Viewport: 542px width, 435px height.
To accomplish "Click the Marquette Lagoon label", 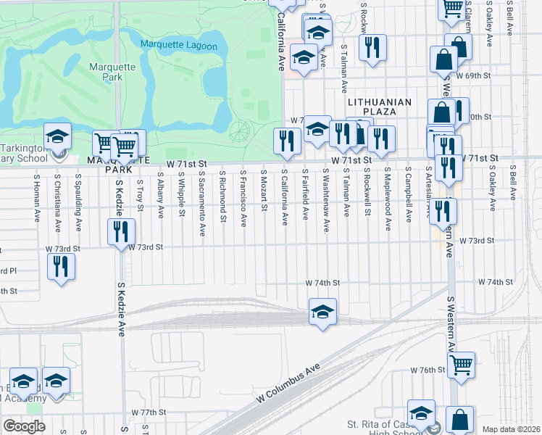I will [x=178, y=46].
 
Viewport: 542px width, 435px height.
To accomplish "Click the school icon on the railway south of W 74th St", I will [x=322, y=312].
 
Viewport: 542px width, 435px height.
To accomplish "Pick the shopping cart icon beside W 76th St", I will [x=460, y=365].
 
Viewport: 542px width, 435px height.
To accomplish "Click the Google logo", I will [x=24, y=426].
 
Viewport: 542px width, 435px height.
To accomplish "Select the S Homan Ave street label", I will [x=36, y=196].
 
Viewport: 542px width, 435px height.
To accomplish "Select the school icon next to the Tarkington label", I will [x=57, y=136].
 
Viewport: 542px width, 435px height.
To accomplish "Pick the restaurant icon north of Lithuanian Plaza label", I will [x=372, y=47].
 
